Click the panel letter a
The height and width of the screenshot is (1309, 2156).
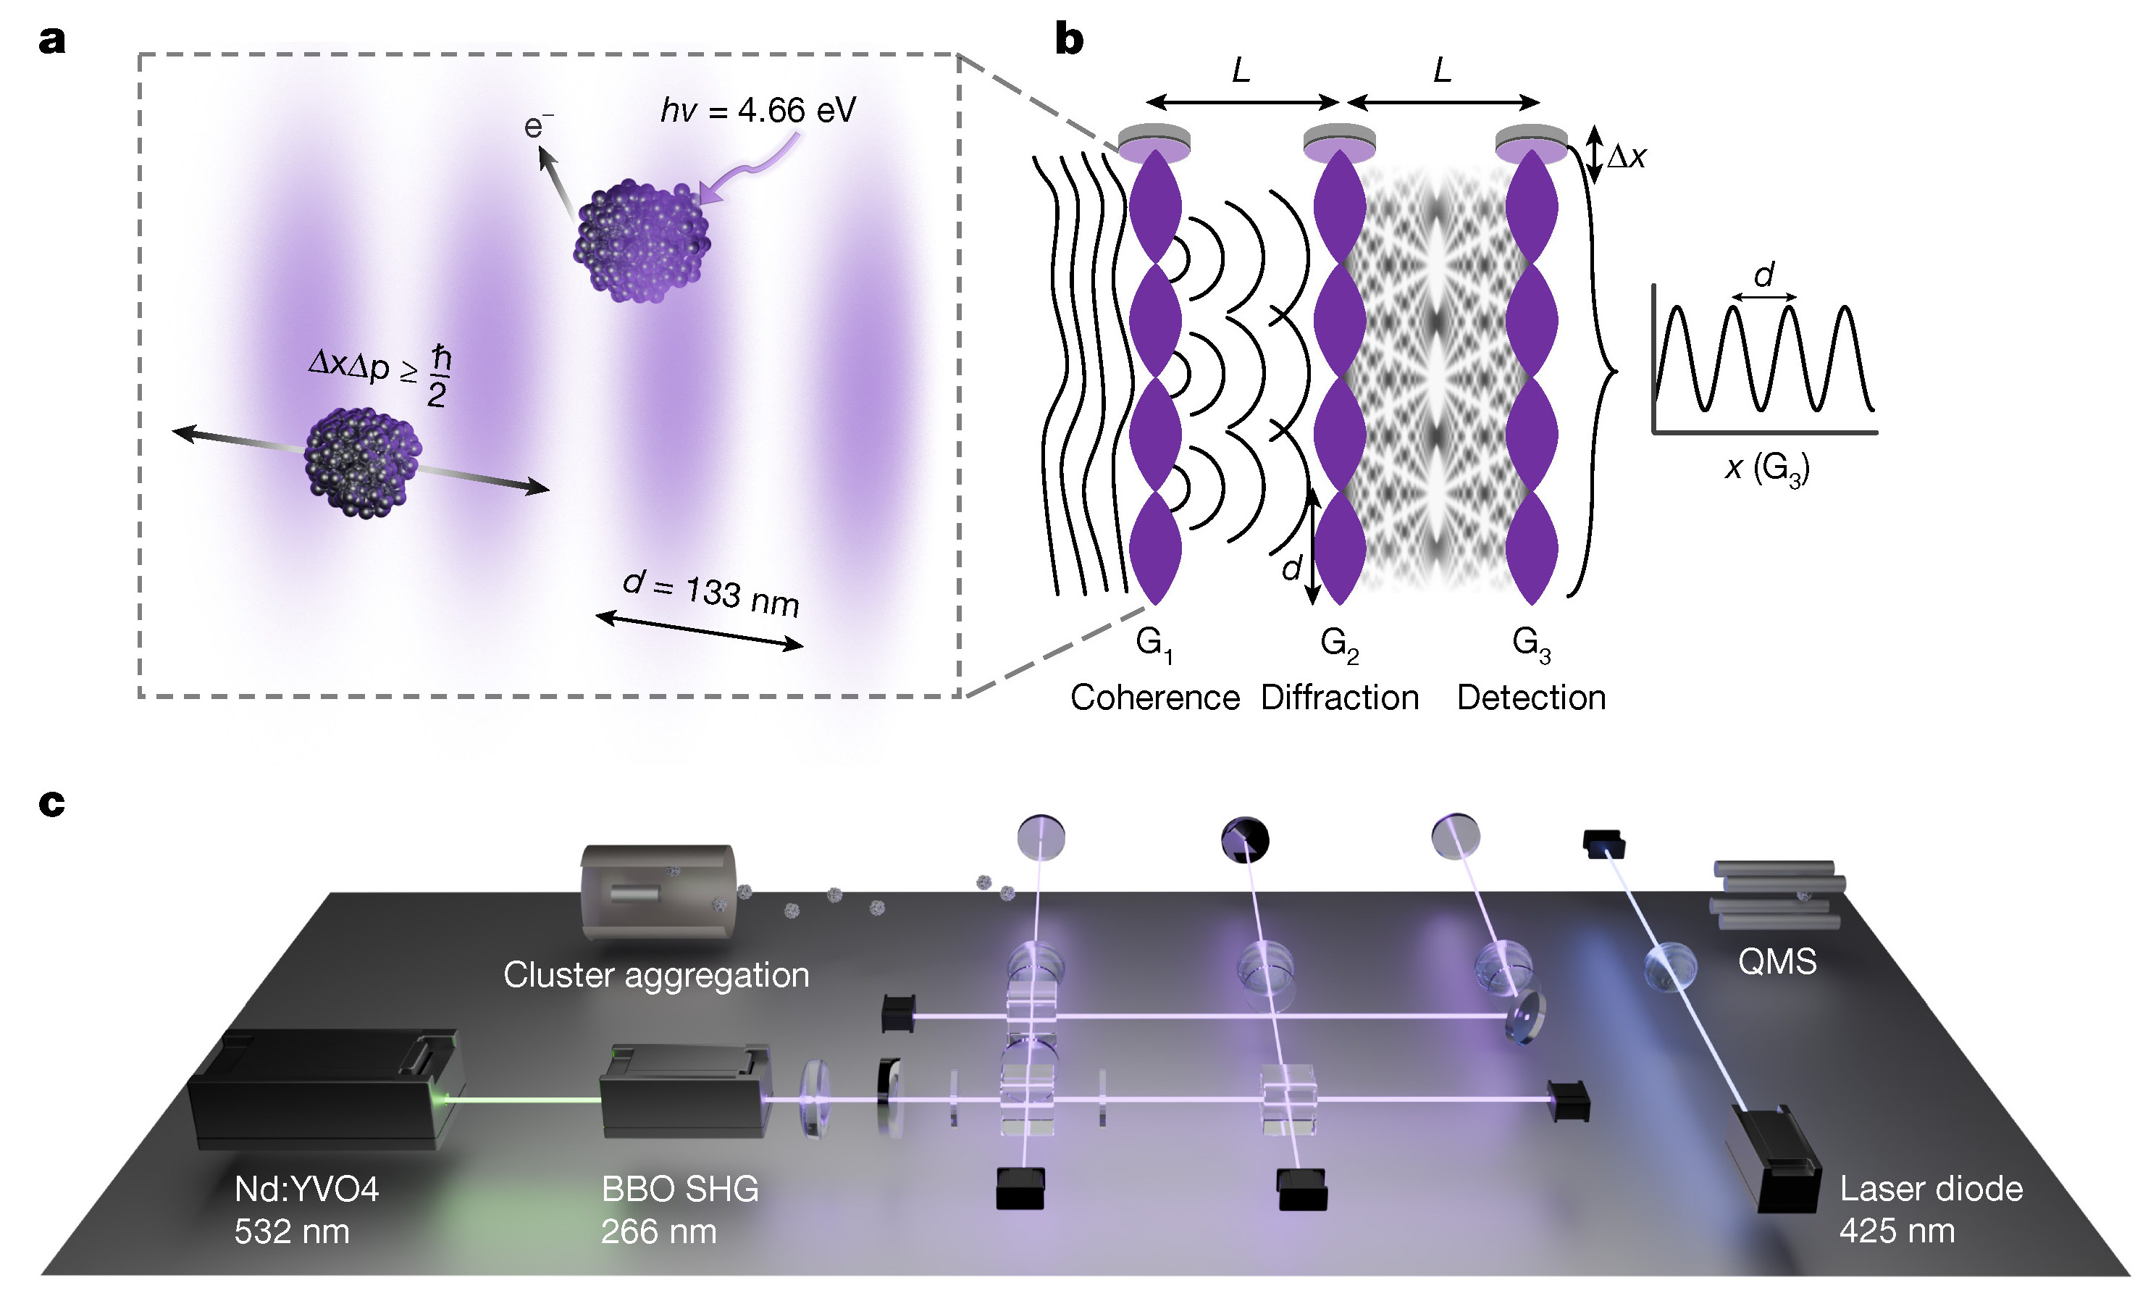click(x=51, y=41)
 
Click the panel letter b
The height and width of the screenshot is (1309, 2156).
click(x=1069, y=39)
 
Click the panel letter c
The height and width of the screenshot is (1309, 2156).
click(x=51, y=803)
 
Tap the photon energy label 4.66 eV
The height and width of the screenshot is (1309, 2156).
click(x=758, y=111)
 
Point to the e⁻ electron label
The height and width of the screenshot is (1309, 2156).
click(x=538, y=127)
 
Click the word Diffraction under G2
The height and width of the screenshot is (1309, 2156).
click(x=1340, y=698)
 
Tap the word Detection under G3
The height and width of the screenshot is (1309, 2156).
click(x=1531, y=698)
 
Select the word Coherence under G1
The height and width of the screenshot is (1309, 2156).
click(x=1155, y=698)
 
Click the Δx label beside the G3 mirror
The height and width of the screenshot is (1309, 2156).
click(x=1627, y=156)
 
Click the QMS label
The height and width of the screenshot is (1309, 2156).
click(x=1777, y=961)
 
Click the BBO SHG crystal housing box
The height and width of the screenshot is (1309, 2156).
click(x=685, y=1090)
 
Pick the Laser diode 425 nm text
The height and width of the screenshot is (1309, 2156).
click(x=1931, y=1209)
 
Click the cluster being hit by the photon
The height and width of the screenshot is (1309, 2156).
click(x=642, y=241)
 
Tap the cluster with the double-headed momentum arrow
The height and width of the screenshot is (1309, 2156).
click(x=362, y=461)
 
